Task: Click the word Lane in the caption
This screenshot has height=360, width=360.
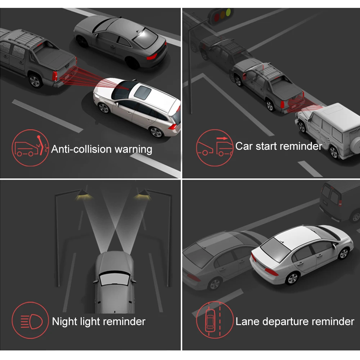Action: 248,321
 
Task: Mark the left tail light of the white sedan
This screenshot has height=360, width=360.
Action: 271,272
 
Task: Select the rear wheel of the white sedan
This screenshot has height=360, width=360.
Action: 292,278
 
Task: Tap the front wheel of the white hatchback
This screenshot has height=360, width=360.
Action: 104,107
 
